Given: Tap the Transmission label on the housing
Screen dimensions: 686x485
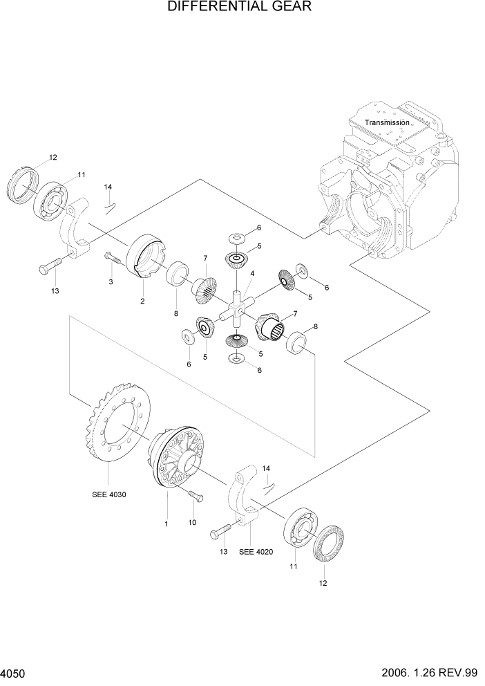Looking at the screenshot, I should pos(387,122).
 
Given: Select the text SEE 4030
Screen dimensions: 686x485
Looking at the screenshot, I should pos(109,494).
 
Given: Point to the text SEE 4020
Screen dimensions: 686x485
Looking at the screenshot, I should pos(256,552).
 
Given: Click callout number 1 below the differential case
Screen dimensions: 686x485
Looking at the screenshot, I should pos(166,525).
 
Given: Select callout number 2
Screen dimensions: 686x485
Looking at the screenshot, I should pos(142,301).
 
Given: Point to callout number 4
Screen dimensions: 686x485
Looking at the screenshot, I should pos(253,274).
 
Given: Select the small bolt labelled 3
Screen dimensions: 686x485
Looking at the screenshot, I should pos(113,259).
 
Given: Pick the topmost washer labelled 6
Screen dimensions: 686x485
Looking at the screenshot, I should pos(236,237).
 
